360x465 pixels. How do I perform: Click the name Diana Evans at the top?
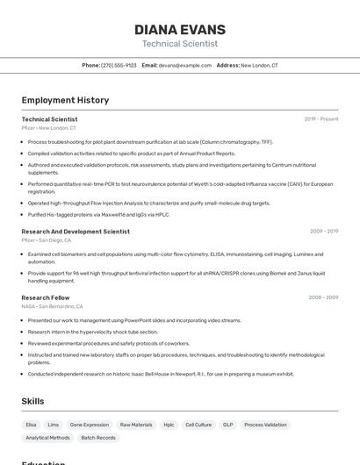coord(180,30)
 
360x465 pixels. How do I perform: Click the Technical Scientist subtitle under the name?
coord(180,44)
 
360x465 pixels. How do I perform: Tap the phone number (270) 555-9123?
coord(119,65)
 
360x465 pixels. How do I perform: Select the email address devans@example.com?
coord(185,65)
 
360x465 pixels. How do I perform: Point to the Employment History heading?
coord(65,100)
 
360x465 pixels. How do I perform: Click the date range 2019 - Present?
coord(321,119)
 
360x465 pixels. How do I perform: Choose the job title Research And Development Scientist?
coord(76,232)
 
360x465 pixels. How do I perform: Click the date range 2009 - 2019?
coord(324,232)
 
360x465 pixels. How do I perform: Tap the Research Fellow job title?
coord(46,297)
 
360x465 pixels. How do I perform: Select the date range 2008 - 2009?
coord(323,297)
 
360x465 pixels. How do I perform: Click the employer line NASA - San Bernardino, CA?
coord(53,306)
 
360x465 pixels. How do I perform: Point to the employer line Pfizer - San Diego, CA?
coord(47,240)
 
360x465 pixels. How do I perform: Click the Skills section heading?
coord(33,401)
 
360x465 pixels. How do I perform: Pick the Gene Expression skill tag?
coord(90,425)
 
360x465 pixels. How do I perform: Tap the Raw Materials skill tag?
coord(136,425)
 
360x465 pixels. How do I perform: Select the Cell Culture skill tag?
coord(198,425)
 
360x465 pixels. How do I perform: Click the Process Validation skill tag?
coord(265,425)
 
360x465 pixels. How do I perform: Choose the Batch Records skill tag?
coord(98,437)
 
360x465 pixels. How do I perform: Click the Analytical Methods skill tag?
coord(48,437)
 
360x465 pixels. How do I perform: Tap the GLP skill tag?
coord(227,425)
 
